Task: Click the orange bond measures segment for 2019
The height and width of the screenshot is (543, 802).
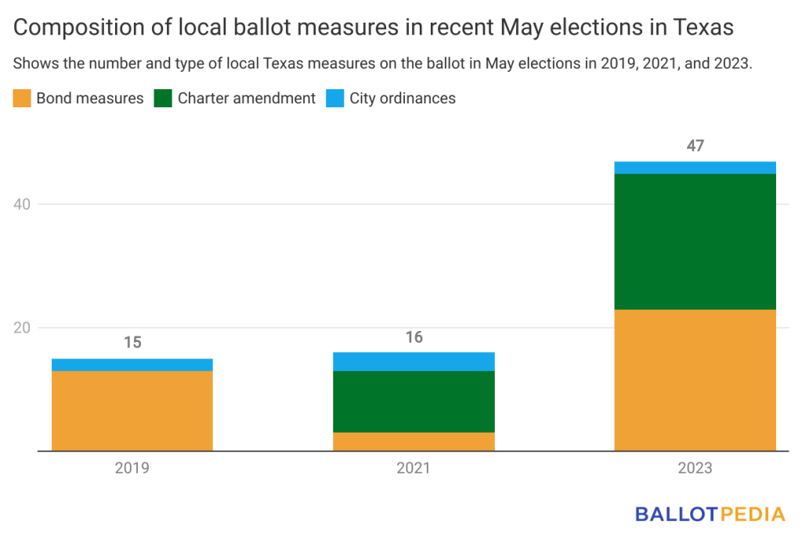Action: pyautogui.click(x=132, y=411)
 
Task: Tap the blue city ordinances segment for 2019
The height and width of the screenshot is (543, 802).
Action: pyautogui.click(x=132, y=365)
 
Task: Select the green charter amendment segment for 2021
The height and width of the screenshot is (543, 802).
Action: pyautogui.click(x=414, y=401)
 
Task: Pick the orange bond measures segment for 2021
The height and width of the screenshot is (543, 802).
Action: pyautogui.click(x=414, y=442)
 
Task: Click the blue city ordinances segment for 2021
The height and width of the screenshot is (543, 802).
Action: pyautogui.click(x=414, y=361)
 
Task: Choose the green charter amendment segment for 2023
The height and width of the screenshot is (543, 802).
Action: pyautogui.click(x=695, y=242)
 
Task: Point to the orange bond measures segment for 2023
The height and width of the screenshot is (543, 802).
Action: pyautogui.click(x=695, y=380)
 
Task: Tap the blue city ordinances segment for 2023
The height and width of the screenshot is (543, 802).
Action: pyautogui.click(x=695, y=167)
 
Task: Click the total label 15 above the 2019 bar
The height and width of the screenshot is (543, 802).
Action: pyautogui.click(x=132, y=342)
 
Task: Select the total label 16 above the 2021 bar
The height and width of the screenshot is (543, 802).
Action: pyautogui.click(x=414, y=337)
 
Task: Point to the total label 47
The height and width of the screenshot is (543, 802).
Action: pyautogui.click(x=695, y=146)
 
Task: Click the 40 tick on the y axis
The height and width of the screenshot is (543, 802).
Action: pyautogui.click(x=22, y=204)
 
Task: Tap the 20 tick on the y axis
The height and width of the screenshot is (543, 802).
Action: pyautogui.click(x=22, y=328)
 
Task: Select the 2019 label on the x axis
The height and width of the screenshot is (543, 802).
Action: pyautogui.click(x=132, y=468)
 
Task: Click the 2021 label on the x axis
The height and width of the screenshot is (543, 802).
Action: pyautogui.click(x=414, y=468)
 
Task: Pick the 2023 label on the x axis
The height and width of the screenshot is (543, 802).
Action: pyautogui.click(x=695, y=468)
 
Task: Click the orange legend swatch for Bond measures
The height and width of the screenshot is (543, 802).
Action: pyautogui.click(x=22, y=98)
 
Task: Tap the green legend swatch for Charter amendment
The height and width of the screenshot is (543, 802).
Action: pyautogui.click(x=163, y=98)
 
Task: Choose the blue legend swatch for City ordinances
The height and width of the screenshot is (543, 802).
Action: pyautogui.click(x=335, y=98)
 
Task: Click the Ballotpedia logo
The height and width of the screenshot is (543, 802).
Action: pyautogui.click(x=710, y=514)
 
